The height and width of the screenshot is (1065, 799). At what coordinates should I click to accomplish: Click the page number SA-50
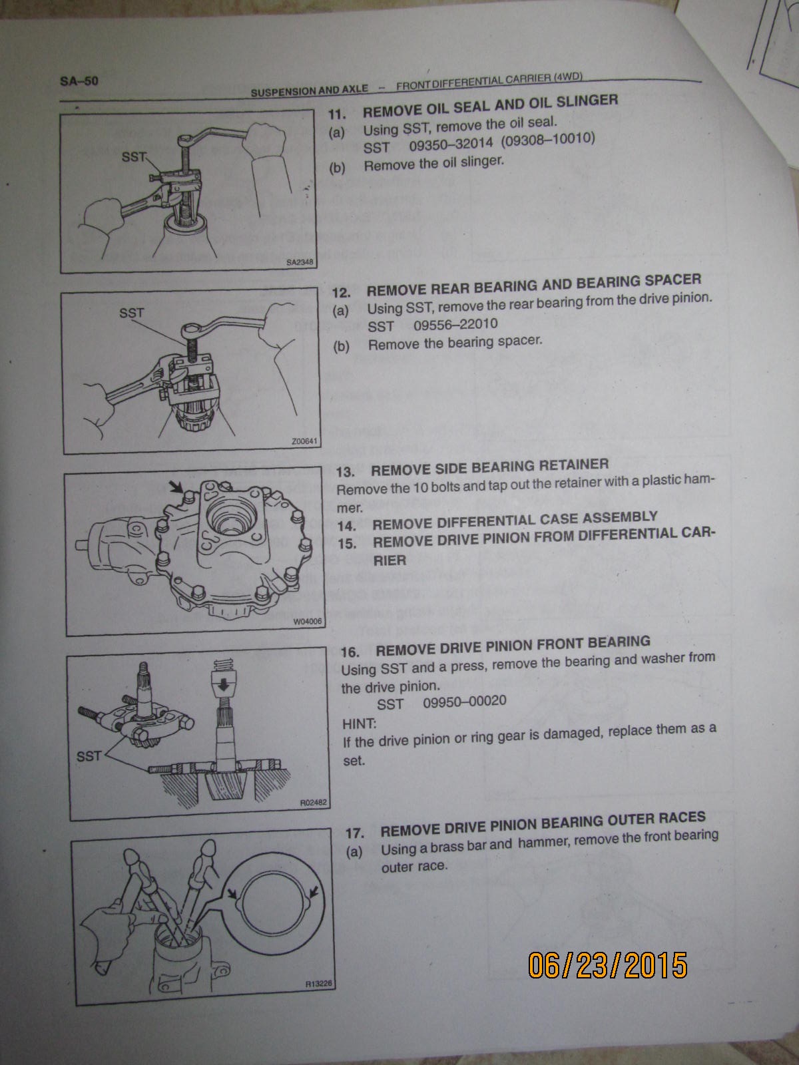point(79,81)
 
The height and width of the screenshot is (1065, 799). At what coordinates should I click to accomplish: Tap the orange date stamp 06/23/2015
point(607,966)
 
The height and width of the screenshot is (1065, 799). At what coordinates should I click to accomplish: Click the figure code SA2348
point(300,262)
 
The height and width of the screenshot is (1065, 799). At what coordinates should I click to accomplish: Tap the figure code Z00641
point(304,441)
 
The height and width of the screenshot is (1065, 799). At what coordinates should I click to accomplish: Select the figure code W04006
point(308,622)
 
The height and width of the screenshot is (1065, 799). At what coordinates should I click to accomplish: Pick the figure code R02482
point(314,803)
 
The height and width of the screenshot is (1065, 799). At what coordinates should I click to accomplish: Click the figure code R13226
point(319,984)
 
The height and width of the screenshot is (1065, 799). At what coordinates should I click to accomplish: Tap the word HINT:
point(360,724)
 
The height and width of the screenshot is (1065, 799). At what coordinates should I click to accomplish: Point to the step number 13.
point(346,472)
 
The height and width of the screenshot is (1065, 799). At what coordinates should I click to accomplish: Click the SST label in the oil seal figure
point(134,156)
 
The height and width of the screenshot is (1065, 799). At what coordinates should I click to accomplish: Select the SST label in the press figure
point(89,756)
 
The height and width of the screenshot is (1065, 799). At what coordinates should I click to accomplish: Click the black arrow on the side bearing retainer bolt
point(176,486)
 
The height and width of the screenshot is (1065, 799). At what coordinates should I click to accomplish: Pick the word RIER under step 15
point(390,560)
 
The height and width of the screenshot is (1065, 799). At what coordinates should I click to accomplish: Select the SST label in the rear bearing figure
point(131,313)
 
